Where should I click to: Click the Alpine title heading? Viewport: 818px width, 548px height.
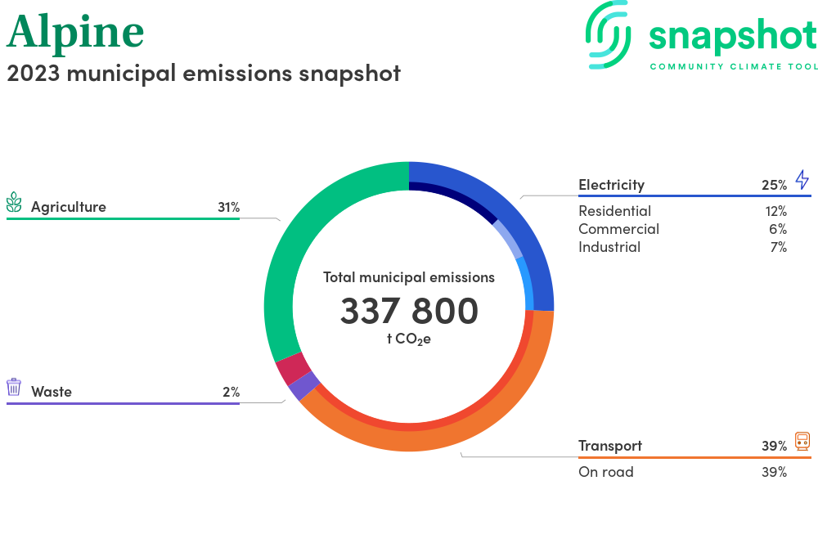click(75, 32)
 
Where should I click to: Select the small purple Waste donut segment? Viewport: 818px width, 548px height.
click(303, 386)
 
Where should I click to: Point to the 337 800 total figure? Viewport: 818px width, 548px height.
click(409, 311)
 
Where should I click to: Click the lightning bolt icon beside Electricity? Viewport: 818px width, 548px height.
click(802, 181)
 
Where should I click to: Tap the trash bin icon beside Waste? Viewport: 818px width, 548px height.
click(14, 387)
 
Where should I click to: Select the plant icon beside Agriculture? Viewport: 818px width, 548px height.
click(14, 203)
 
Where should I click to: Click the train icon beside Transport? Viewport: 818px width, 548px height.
click(802, 442)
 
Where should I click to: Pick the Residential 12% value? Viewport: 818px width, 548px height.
click(775, 211)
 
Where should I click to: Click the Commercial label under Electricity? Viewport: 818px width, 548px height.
click(618, 229)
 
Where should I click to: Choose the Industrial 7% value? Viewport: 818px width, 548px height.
click(778, 247)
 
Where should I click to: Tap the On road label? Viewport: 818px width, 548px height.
click(605, 472)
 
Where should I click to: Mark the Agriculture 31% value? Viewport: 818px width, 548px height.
click(228, 207)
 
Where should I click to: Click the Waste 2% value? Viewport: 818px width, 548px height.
click(231, 392)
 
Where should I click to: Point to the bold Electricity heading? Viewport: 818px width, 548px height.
click(611, 185)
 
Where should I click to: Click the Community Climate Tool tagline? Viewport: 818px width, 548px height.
click(733, 66)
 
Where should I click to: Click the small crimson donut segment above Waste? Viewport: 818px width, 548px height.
click(292, 368)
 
